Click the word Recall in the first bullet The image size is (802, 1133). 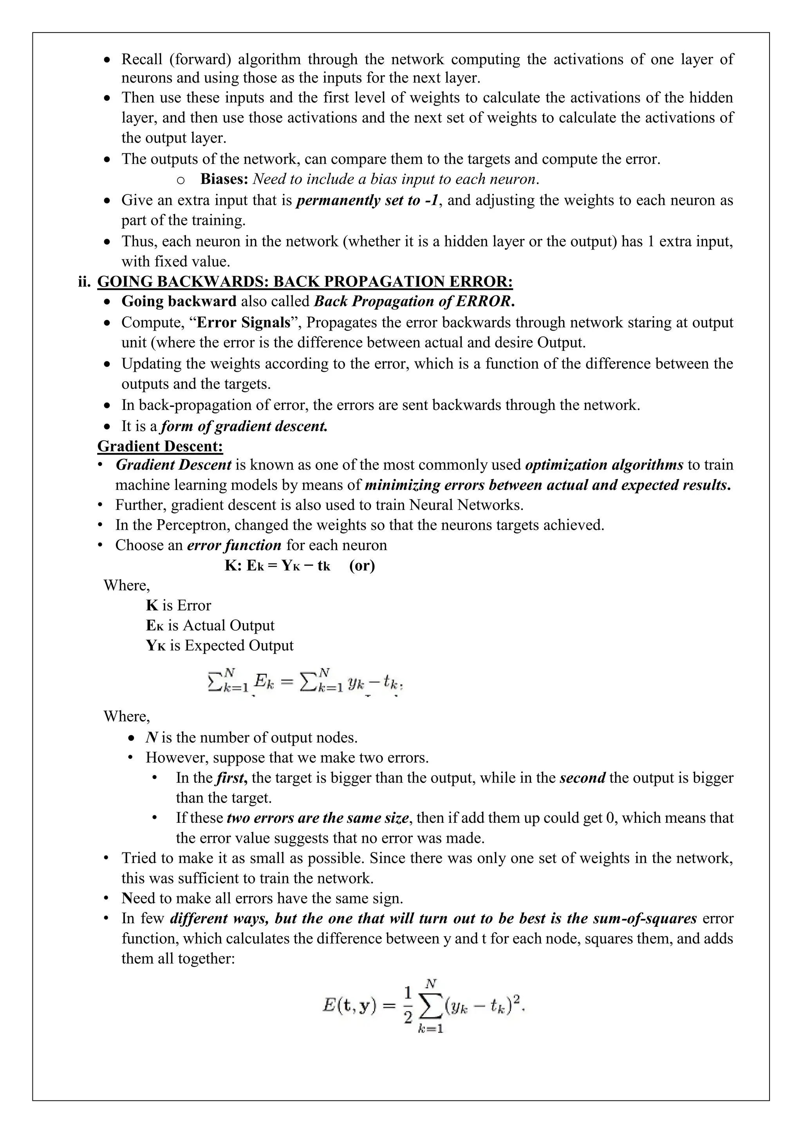pyautogui.click(x=142, y=59)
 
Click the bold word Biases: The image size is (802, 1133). pyautogui.click(x=224, y=179)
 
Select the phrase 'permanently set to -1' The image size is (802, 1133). pyautogui.click(x=367, y=200)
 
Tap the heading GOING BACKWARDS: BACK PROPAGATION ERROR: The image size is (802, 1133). pyautogui.click(x=305, y=281)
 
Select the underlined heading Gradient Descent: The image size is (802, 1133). pyautogui.click(x=160, y=446)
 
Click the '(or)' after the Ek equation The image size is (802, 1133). pyautogui.click(x=362, y=565)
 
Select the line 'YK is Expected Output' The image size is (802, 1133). pyautogui.click(x=220, y=646)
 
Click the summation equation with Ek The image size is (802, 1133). pyautogui.click(x=304, y=682)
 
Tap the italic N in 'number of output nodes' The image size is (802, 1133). pyautogui.click(x=151, y=738)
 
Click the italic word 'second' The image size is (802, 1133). pyautogui.click(x=582, y=778)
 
